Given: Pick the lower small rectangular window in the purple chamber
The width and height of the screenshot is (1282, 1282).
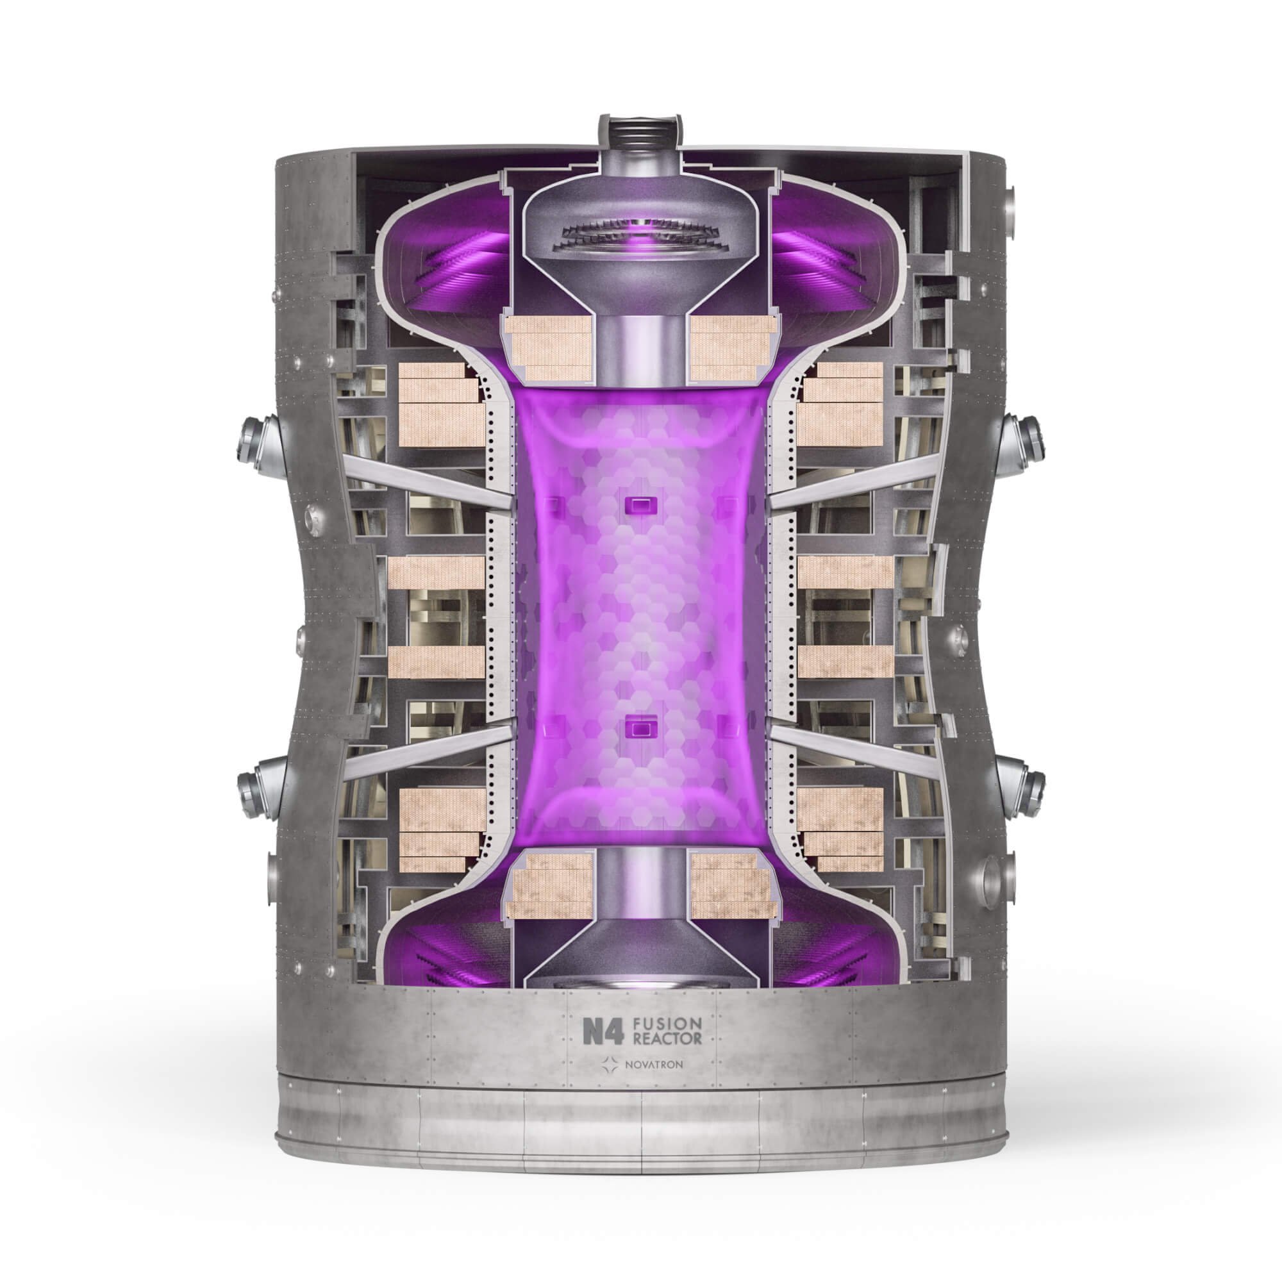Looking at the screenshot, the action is click(640, 729).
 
